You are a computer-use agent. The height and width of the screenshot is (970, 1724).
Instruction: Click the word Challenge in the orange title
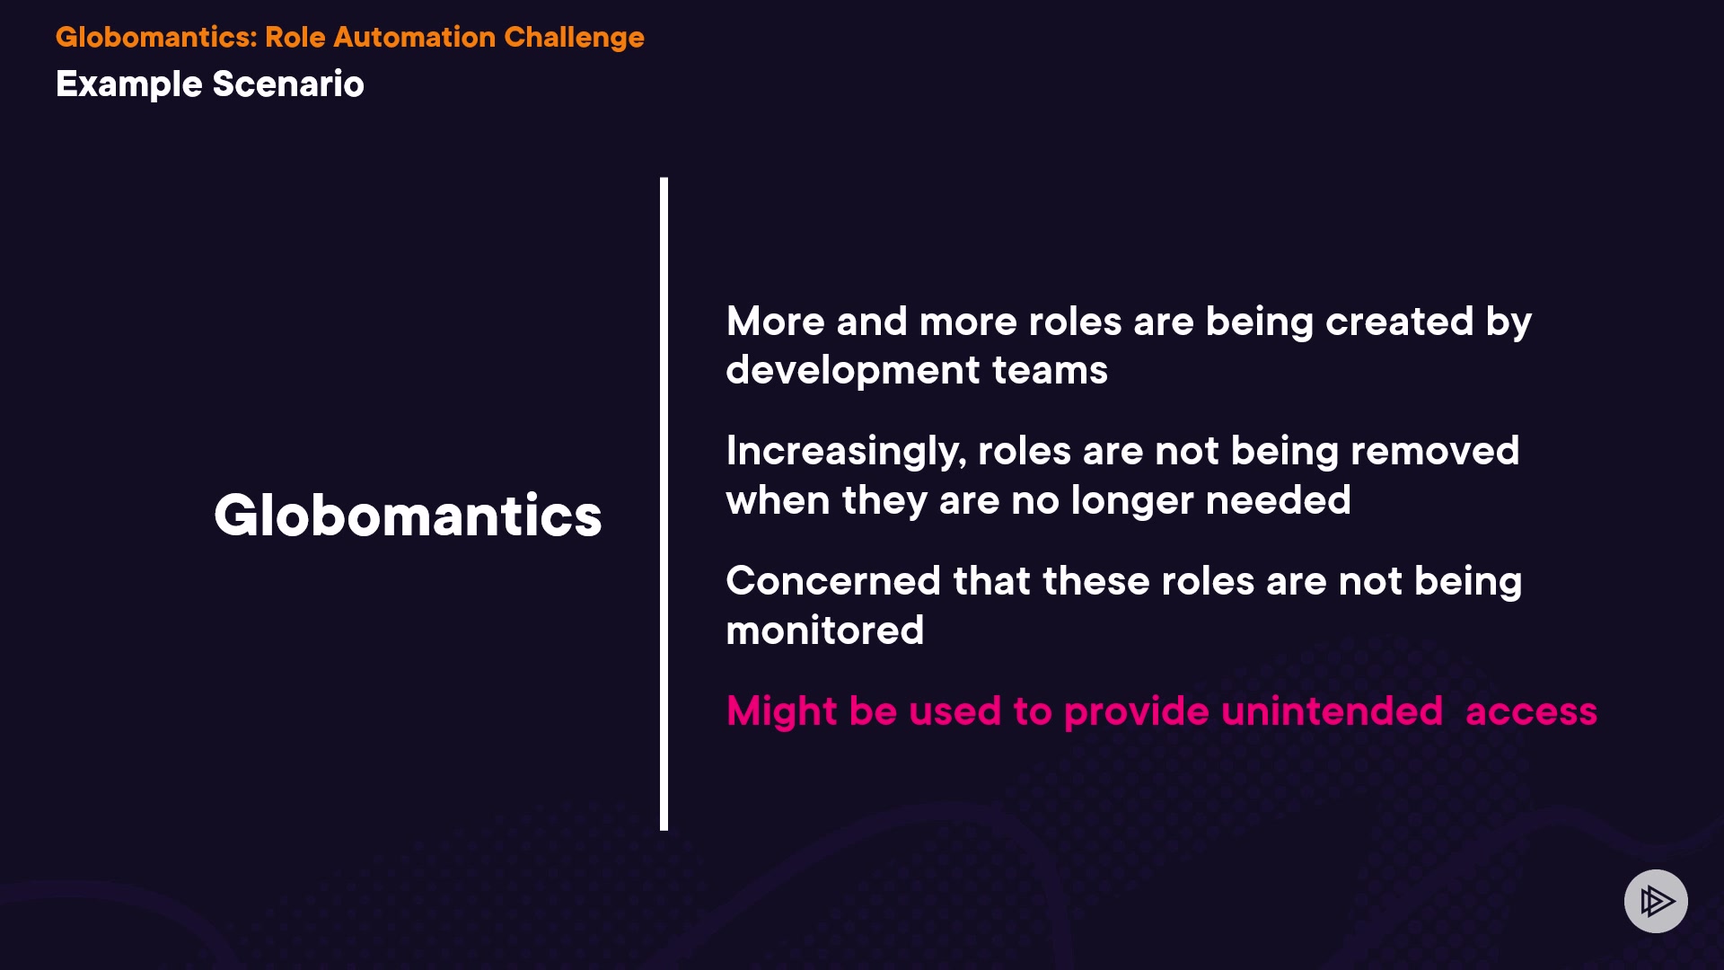click(x=574, y=38)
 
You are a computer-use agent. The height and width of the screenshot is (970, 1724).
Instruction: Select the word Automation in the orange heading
click(x=414, y=37)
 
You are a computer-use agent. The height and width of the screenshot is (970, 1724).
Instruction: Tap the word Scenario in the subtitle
click(x=288, y=84)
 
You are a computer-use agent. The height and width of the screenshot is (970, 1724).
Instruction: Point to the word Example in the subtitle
click(x=129, y=84)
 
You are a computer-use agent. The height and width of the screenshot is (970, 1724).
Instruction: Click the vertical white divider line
click(x=664, y=504)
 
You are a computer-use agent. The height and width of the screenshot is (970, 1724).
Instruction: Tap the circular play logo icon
click(x=1656, y=901)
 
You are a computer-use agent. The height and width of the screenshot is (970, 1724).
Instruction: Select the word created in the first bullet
click(x=1399, y=322)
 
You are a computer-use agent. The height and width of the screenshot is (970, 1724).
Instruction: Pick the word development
click(x=853, y=371)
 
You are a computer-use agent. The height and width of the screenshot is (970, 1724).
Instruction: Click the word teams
click(x=1050, y=371)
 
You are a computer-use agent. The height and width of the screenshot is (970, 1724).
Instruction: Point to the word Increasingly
click(x=846, y=452)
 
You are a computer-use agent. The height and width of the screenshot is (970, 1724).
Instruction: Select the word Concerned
click(x=833, y=581)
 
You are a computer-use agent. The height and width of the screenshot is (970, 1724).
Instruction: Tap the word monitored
click(x=825, y=630)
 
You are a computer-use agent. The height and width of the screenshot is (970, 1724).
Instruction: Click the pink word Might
click(x=782, y=712)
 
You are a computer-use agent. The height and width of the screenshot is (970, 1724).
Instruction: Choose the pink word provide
click(x=1136, y=712)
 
